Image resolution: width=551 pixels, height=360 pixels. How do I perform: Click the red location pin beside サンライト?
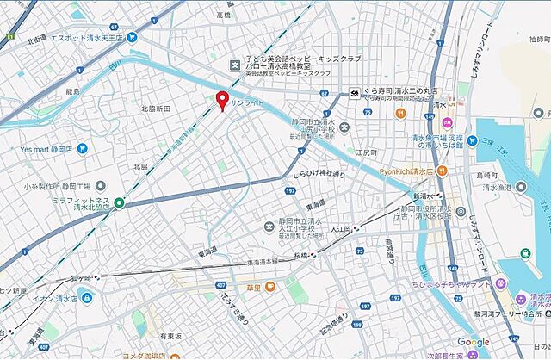(222, 100)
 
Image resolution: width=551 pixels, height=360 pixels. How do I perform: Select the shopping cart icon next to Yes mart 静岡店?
(81, 147)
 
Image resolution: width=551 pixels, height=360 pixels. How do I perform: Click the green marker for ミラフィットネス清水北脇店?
(119, 202)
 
